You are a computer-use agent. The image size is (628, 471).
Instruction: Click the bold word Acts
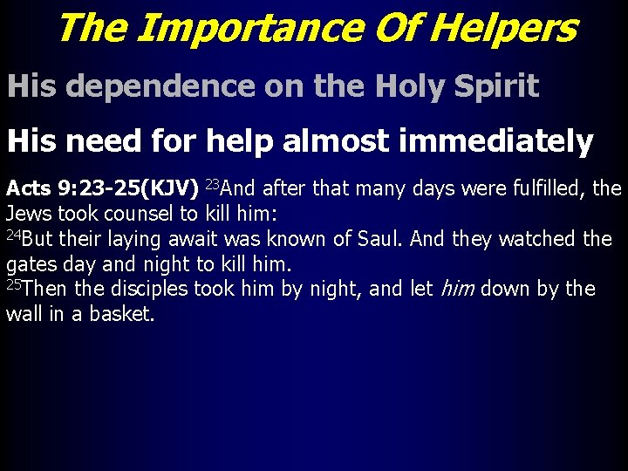pyautogui.click(x=28, y=188)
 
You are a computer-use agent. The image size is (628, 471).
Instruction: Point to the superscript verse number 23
pyautogui.click(x=212, y=183)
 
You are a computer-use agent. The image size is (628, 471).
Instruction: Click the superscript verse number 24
pyautogui.click(x=13, y=234)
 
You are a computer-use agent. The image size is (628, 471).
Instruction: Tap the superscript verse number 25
pyautogui.click(x=13, y=284)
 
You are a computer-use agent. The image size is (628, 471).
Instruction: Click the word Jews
pyautogui.click(x=29, y=213)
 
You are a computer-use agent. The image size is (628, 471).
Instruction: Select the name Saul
pyautogui.click(x=378, y=238)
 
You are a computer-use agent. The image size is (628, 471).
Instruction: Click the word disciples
pyautogui.click(x=152, y=289)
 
